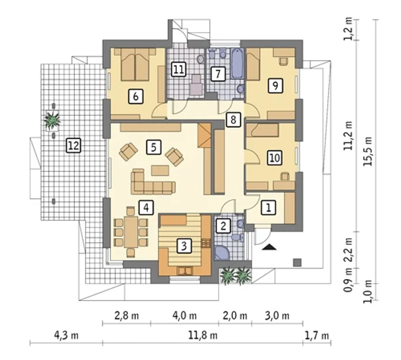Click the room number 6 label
(136, 97)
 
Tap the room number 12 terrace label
(73, 146)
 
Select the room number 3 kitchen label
(184, 246)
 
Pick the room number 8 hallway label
(233, 120)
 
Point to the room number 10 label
(275, 158)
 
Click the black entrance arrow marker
(269, 247)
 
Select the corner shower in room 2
(222, 253)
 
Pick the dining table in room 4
(131, 232)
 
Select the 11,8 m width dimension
(203, 336)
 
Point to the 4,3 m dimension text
(66, 336)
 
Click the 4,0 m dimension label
(185, 316)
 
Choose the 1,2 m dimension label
(348, 29)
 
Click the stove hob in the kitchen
(206, 243)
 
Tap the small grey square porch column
(297, 263)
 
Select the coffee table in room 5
(160, 170)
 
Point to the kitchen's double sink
(185, 271)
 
